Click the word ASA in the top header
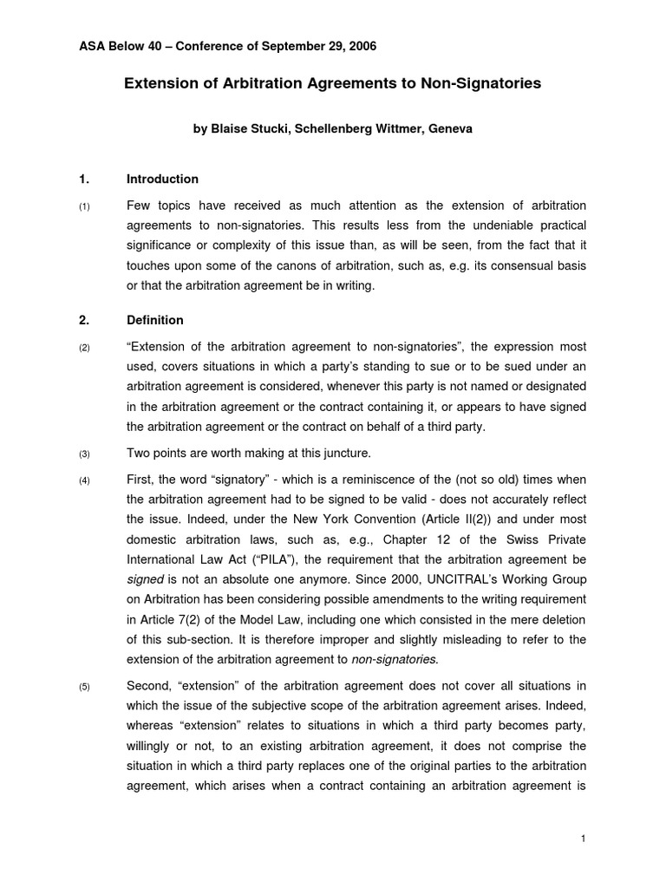point(91,45)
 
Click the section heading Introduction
point(162,180)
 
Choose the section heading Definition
point(155,320)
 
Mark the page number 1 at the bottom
point(584,838)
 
